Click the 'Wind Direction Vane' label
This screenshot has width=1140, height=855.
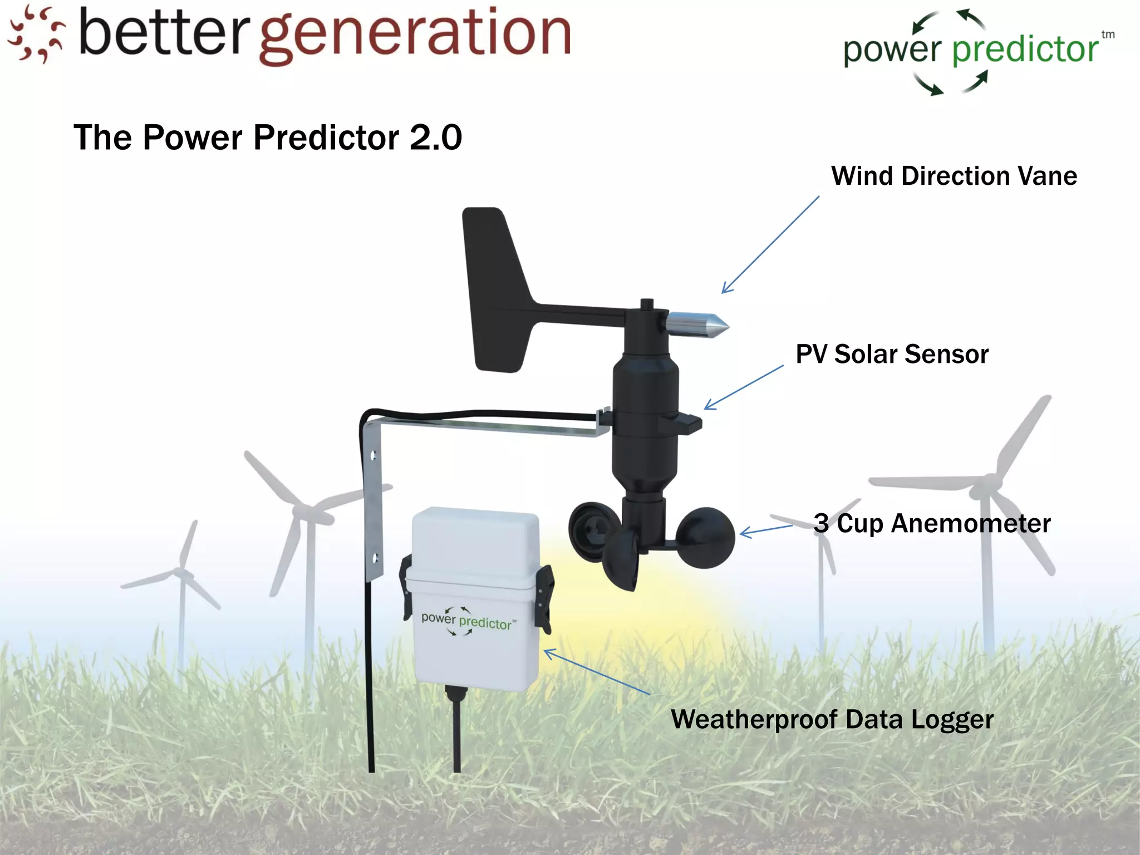[954, 176]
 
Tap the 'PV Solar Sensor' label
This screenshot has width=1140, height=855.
[892, 354]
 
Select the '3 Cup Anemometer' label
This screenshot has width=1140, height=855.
[932, 523]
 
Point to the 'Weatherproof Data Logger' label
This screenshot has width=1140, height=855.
[832, 719]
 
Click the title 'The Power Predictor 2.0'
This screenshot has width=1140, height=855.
[268, 137]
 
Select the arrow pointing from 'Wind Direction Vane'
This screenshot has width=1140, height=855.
[770, 244]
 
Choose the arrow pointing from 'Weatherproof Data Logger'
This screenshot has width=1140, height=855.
[596, 671]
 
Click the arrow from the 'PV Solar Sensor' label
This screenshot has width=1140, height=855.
[744, 387]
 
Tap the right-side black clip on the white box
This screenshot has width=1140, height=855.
[544, 598]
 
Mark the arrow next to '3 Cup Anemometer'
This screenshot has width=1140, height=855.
[765, 530]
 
